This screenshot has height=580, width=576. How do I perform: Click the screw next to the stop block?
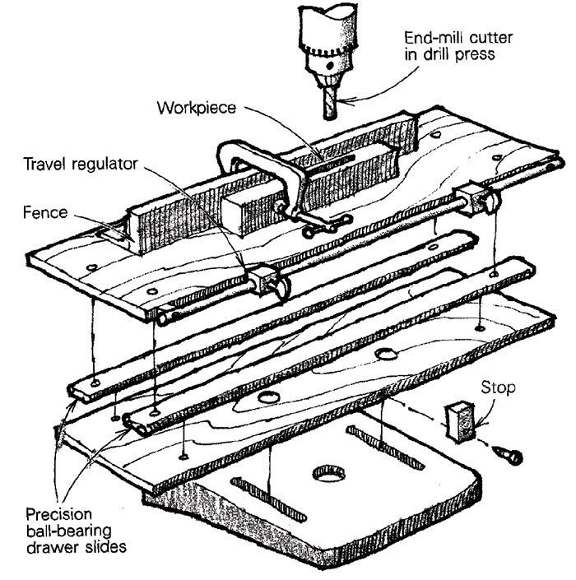point(506,450)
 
